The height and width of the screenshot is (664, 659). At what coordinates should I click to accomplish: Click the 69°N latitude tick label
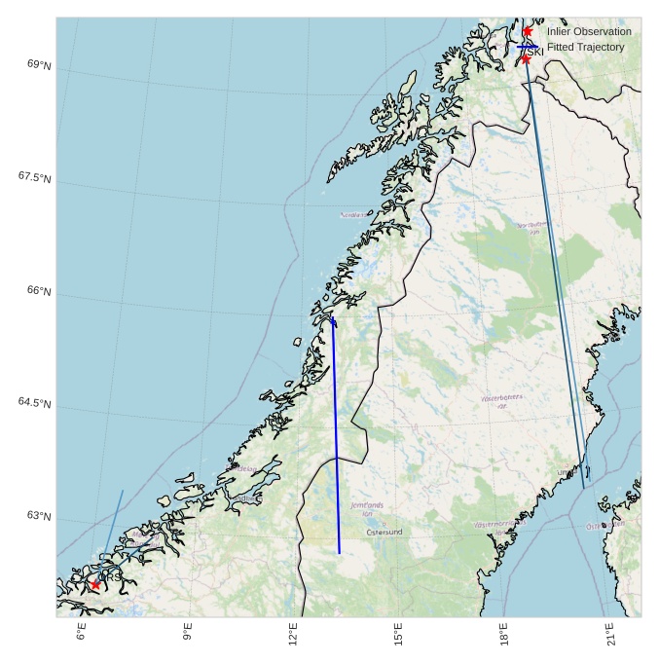click(40, 65)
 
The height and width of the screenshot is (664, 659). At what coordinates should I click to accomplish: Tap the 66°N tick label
click(40, 291)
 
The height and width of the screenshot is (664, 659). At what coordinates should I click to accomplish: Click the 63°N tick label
click(40, 516)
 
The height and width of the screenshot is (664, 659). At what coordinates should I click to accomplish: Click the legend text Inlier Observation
click(589, 32)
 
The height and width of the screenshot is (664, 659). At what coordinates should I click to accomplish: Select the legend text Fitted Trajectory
click(585, 47)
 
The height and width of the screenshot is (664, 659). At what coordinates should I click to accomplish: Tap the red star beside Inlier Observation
click(528, 31)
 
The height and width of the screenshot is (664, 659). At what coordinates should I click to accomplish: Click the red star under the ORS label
click(94, 585)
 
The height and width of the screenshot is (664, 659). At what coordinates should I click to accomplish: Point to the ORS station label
click(109, 577)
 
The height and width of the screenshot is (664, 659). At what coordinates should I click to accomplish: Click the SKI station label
click(533, 52)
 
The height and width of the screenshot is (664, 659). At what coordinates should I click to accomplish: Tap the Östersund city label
click(384, 533)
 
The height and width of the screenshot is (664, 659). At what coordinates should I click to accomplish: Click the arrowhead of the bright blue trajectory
click(333, 321)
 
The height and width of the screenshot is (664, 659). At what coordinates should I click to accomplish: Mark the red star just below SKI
click(526, 59)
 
